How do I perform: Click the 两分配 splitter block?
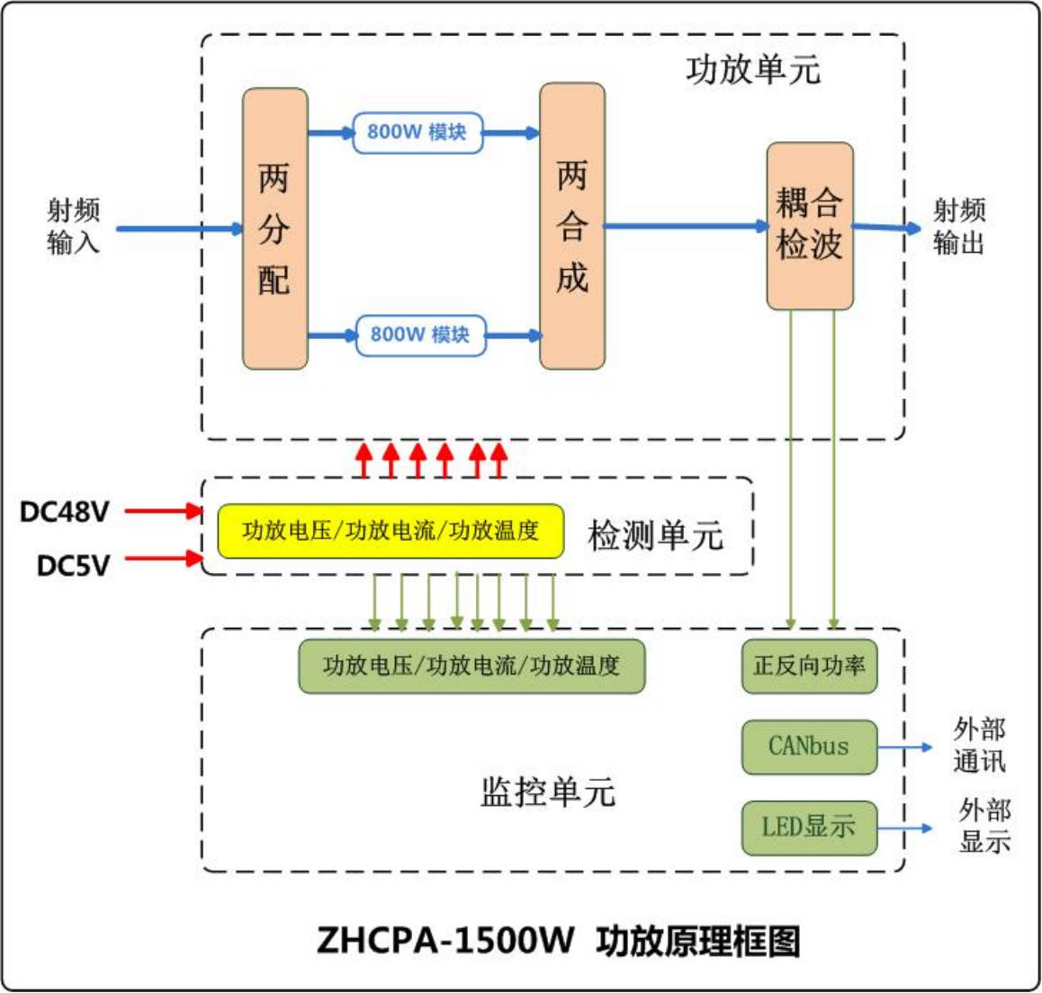(275, 228)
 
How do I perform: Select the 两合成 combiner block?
(572, 227)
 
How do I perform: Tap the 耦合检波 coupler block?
(810, 226)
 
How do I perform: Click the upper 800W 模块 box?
(417, 132)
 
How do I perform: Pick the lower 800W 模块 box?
(420, 335)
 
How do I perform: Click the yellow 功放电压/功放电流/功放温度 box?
(391, 531)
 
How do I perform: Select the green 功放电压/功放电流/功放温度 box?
(472, 666)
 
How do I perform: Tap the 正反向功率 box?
(809, 666)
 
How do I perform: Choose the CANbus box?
(809, 747)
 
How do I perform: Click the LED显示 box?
(809, 827)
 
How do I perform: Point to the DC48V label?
(65, 512)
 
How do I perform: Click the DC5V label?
(74, 566)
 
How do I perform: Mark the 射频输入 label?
(74, 227)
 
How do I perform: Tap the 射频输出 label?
(959, 227)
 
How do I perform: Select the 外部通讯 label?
(979, 746)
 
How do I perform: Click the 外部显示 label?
(984, 827)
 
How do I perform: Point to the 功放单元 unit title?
(753, 70)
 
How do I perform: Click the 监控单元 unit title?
(548, 792)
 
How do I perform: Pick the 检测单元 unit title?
(655, 535)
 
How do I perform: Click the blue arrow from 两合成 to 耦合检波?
(684, 226)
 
